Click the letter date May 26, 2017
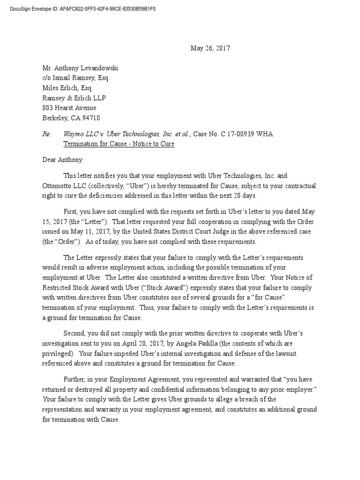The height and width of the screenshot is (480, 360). point(210,48)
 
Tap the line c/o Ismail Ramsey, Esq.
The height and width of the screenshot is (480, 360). point(76,78)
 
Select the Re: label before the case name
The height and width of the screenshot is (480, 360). point(46,134)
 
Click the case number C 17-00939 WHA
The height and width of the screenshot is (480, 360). point(243,134)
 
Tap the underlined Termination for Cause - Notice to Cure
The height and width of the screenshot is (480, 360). point(119,144)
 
